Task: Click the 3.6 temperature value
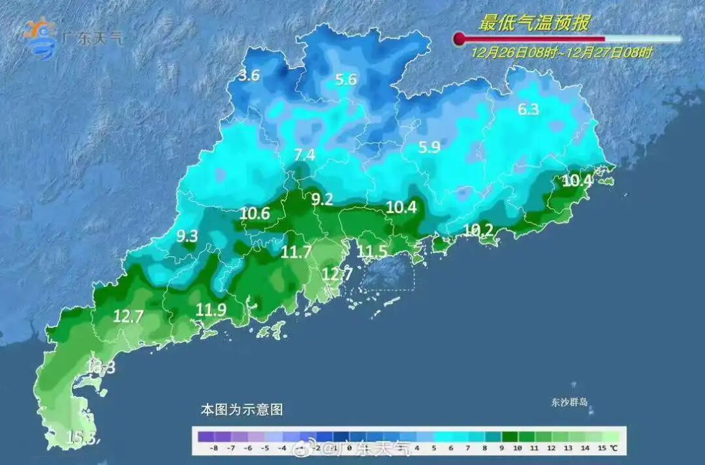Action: coord(249,76)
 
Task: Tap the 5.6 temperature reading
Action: coord(346,80)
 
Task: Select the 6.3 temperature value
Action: coord(528,110)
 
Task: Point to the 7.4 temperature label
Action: coord(304,155)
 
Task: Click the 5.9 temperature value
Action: coord(429,147)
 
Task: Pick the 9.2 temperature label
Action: coord(322,200)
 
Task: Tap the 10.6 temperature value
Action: coord(255,213)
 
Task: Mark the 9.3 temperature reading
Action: coord(187,236)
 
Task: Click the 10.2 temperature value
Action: coord(479,230)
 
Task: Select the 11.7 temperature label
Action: coord(296,252)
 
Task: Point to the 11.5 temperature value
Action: coord(373,252)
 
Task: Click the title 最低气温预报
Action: coord(535,23)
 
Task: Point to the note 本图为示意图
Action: coord(242,410)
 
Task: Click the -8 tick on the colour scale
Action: coord(213,449)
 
